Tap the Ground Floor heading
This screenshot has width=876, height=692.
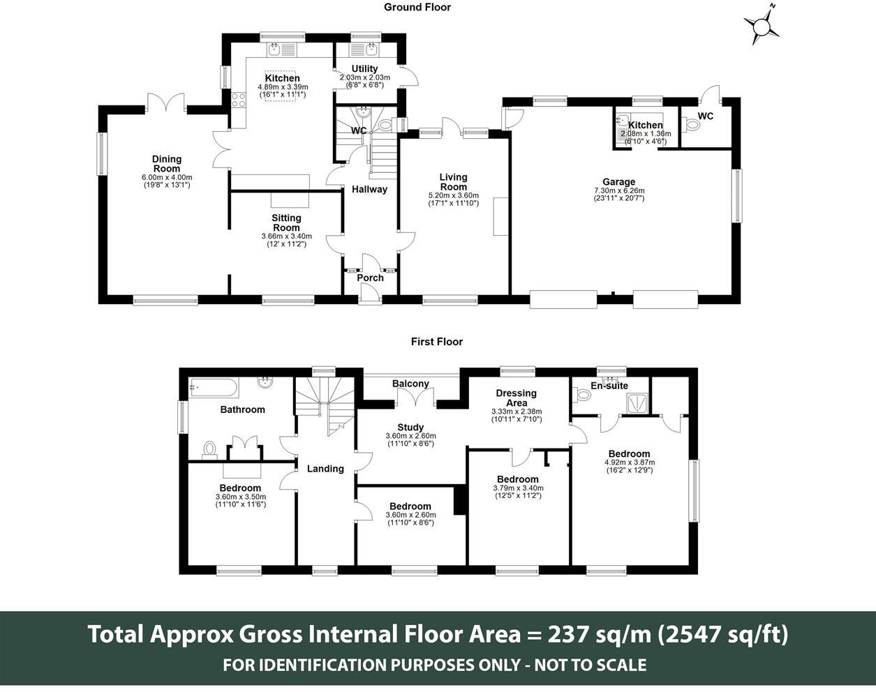[417, 7]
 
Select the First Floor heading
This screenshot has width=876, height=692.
[436, 342]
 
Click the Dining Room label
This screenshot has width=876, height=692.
[166, 164]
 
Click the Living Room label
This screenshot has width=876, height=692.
[453, 181]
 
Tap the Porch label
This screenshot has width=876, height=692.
[370, 278]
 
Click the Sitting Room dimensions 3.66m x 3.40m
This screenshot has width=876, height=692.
[286, 236]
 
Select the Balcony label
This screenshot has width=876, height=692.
[410, 384]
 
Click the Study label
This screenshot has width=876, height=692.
[410, 428]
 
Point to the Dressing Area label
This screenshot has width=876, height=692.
[516, 398]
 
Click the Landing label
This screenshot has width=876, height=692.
[325, 469]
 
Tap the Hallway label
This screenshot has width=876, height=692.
[369, 189]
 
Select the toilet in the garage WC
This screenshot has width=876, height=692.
[692, 125]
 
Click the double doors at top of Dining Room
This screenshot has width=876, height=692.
[167, 104]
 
